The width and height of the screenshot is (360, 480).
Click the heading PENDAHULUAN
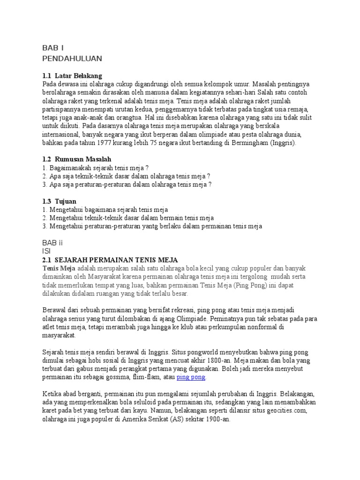72,58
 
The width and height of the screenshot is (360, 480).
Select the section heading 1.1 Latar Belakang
72,75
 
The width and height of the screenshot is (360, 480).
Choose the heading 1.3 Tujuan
59,201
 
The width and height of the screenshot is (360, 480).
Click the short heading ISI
46,251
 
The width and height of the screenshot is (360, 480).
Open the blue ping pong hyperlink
191,377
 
